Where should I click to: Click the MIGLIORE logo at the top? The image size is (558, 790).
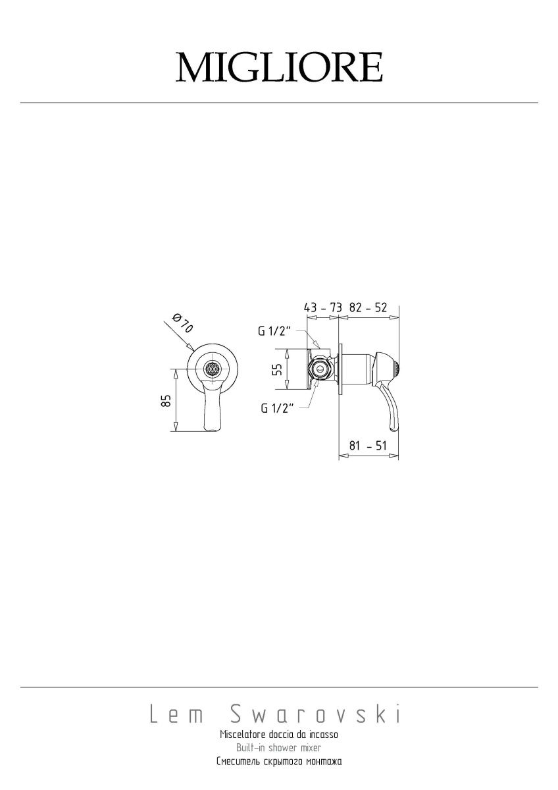279,67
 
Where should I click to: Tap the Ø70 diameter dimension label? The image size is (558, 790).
183,323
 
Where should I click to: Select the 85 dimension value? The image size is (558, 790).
166,400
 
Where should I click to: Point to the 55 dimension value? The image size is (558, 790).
278,369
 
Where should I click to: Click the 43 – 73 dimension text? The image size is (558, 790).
322,307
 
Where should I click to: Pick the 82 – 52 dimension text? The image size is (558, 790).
368,307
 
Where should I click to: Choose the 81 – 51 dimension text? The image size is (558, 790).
368,446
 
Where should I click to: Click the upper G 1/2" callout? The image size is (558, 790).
274,331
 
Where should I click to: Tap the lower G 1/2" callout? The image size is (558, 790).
277,408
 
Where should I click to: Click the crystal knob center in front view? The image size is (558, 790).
213,369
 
